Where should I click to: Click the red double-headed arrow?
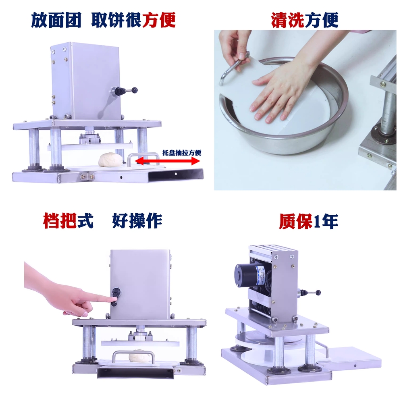pyautogui.click(x=167, y=161)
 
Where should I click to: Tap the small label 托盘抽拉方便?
pyautogui.click(x=181, y=153)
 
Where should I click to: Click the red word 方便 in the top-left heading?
pyautogui.click(x=158, y=20)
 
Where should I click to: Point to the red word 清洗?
pyautogui.click(x=288, y=20)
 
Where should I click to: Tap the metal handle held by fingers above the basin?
pyautogui.click(x=233, y=68)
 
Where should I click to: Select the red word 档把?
pyautogui.click(x=60, y=220)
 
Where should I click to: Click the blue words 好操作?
pyautogui.click(x=137, y=220)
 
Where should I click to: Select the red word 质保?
pyautogui.click(x=296, y=221)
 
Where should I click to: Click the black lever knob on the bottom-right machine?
pyautogui.click(x=318, y=292)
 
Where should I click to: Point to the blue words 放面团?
pyautogui.click(x=56, y=20)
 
